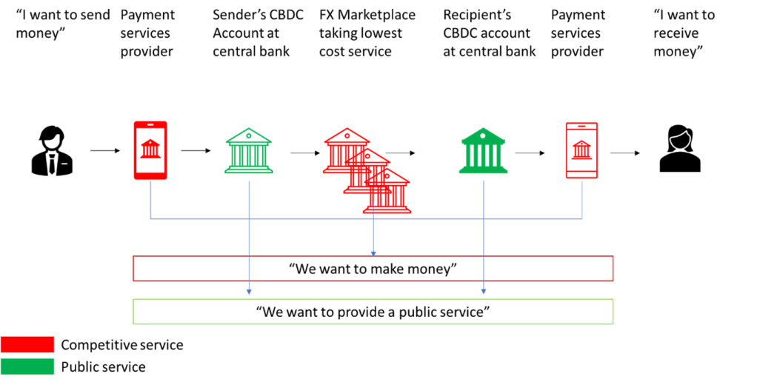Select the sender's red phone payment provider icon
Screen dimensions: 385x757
(x=150, y=150)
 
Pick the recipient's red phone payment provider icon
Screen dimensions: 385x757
(x=581, y=150)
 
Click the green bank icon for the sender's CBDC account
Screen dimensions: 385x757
(x=248, y=151)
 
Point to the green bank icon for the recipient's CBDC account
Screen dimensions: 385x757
(x=483, y=151)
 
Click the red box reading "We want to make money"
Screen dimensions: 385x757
(x=373, y=269)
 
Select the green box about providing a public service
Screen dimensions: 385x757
(x=373, y=312)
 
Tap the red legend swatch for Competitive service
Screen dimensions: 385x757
(x=28, y=344)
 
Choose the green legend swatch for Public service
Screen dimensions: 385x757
(x=28, y=366)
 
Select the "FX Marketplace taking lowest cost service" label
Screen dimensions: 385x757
(x=367, y=33)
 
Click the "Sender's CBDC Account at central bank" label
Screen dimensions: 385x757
(x=258, y=33)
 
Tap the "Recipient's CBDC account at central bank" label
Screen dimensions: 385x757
(x=490, y=33)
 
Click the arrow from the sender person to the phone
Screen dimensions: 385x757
(x=106, y=151)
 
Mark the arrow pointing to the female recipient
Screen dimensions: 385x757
(x=626, y=153)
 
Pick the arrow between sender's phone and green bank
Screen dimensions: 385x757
(x=196, y=151)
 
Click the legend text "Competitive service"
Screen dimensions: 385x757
(x=122, y=345)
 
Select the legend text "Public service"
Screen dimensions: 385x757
(x=104, y=367)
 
